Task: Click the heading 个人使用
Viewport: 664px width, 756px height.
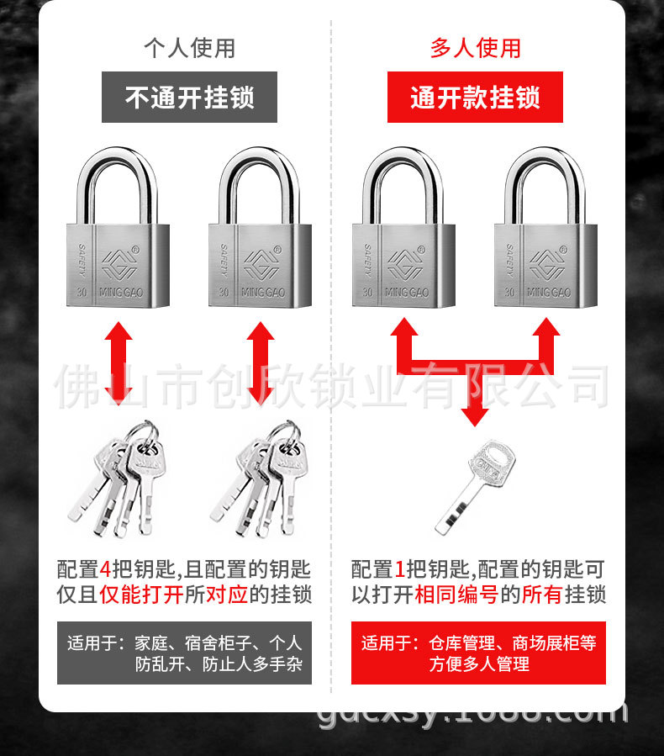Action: (189, 49)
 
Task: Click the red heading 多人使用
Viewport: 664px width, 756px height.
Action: (476, 49)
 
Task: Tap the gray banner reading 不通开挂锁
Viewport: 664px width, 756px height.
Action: (189, 98)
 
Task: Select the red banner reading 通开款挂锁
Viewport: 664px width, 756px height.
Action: (476, 98)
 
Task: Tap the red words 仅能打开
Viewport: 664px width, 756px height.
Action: (141, 595)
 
